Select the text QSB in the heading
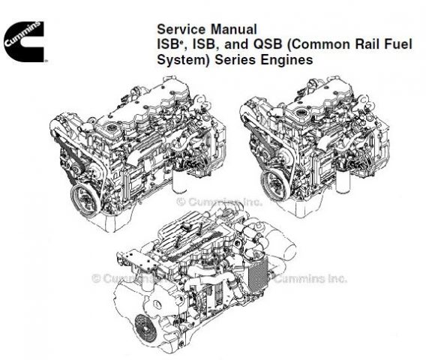[268, 44]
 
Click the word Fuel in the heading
[398, 44]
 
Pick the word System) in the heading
[184, 60]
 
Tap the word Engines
[286, 60]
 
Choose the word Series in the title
[235, 60]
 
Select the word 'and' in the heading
[236, 44]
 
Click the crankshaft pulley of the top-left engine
[85, 199]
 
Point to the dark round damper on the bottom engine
[146, 328]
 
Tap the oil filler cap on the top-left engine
[112, 127]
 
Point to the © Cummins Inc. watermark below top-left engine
[220, 202]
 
